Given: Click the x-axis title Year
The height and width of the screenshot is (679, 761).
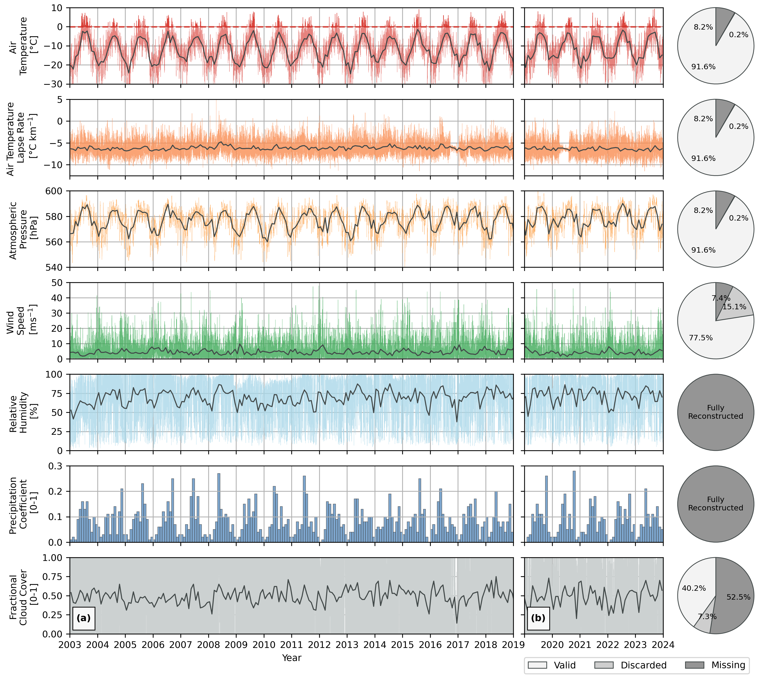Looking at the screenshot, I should point(291,658).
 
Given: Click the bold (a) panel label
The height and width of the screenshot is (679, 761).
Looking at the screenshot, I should point(84,618).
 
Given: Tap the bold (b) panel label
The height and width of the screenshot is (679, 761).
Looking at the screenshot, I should point(538,618).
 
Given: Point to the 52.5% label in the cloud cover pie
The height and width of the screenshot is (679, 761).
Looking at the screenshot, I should point(738,597).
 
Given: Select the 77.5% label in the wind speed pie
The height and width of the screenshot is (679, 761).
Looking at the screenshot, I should point(701,338).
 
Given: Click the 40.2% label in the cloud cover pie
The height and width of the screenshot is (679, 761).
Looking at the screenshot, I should point(694,588).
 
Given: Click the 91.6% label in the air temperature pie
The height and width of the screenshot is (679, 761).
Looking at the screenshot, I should point(703,67).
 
